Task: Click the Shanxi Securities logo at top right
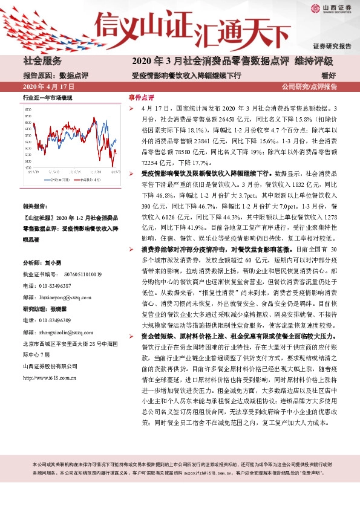coord(330,9)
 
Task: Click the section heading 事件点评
coord(141,97)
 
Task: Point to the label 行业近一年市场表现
coord(47,97)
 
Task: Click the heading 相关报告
coord(38,206)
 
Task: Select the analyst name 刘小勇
coord(54,264)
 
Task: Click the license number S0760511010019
coord(74,274)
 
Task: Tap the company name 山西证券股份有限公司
coord(50,366)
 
